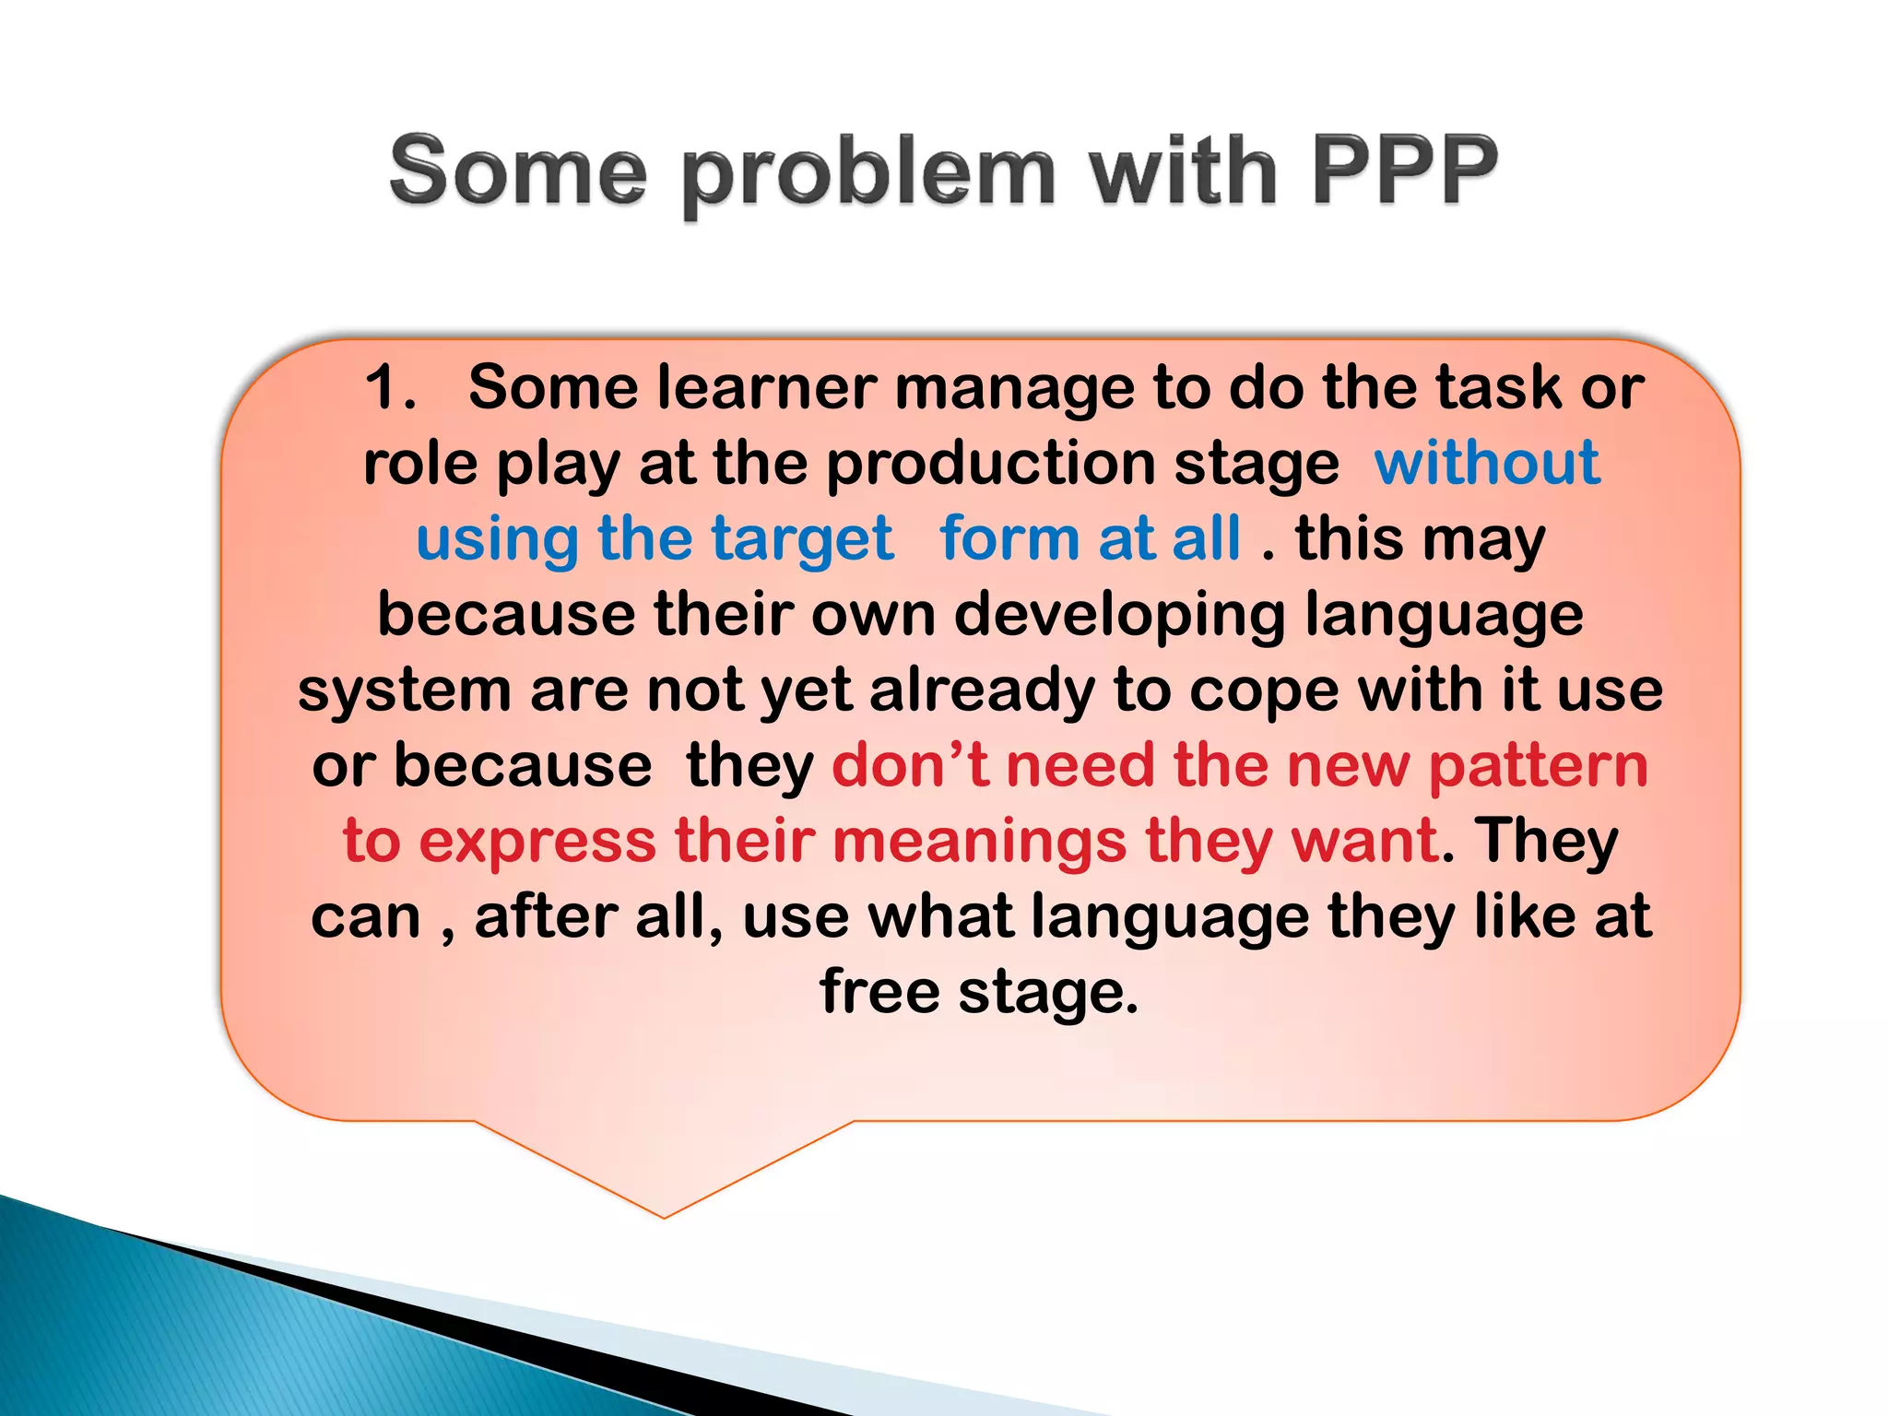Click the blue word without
pos(1486,463)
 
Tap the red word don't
pos(910,766)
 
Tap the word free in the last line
pos(879,992)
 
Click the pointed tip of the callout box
pos(664,1215)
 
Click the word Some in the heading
pos(518,172)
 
